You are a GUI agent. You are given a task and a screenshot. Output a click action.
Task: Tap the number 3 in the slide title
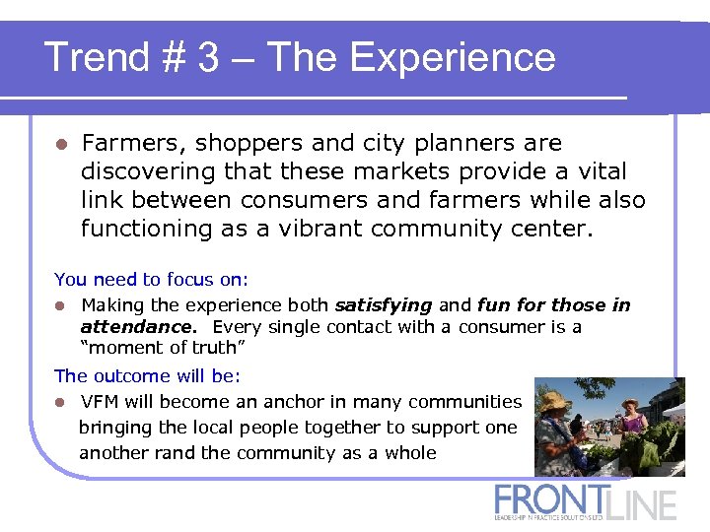pyautogui.click(x=207, y=57)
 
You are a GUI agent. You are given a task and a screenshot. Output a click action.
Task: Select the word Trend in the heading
pyautogui.click(x=95, y=57)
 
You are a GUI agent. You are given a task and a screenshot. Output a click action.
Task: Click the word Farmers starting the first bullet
pyautogui.click(x=131, y=143)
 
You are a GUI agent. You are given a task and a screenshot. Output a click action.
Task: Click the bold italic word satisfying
pyautogui.click(x=384, y=304)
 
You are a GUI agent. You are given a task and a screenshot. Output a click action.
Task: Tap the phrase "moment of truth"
pyautogui.click(x=159, y=347)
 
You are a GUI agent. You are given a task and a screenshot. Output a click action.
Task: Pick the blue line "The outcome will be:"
pyautogui.click(x=147, y=375)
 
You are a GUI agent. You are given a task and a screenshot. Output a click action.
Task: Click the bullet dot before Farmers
pyautogui.click(x=61, y=144)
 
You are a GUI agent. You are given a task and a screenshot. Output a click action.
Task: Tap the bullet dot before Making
pyautogui.click(x=61, y=305)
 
